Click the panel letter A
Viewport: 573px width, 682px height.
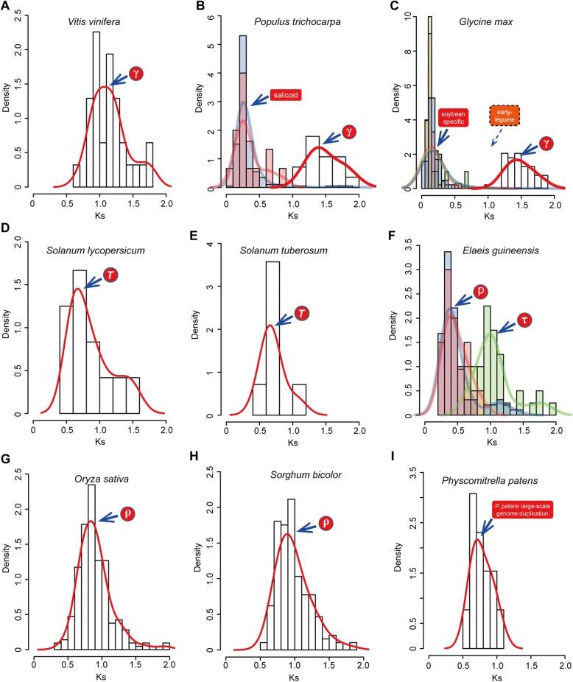7,7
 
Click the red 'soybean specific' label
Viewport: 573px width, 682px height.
454,119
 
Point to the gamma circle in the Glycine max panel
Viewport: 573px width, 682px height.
546,144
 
